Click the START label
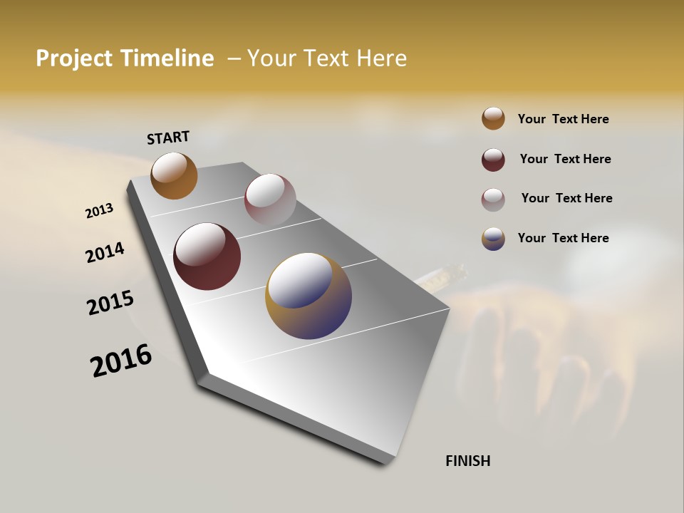tap(168, 138)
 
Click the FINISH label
tap(467, 461)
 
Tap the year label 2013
tap(99, 211)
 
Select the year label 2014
tap(105, 253)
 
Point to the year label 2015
tap(110, 303)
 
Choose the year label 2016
tap(120, 361)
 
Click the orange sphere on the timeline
tap(174, 176)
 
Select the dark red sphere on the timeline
tap(207, 256)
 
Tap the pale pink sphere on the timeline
tap(270, 199)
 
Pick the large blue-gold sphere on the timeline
tap(309, 296)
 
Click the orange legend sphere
tap(493, 119)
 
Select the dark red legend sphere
tap(493, 160)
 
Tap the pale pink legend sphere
tap(493, 199)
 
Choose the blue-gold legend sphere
tap(493, 239)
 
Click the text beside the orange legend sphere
tap(563, 120)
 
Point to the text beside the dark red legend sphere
tap(565, 159)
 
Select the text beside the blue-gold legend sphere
tap(563, 238)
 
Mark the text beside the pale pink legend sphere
tap(566, 198)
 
